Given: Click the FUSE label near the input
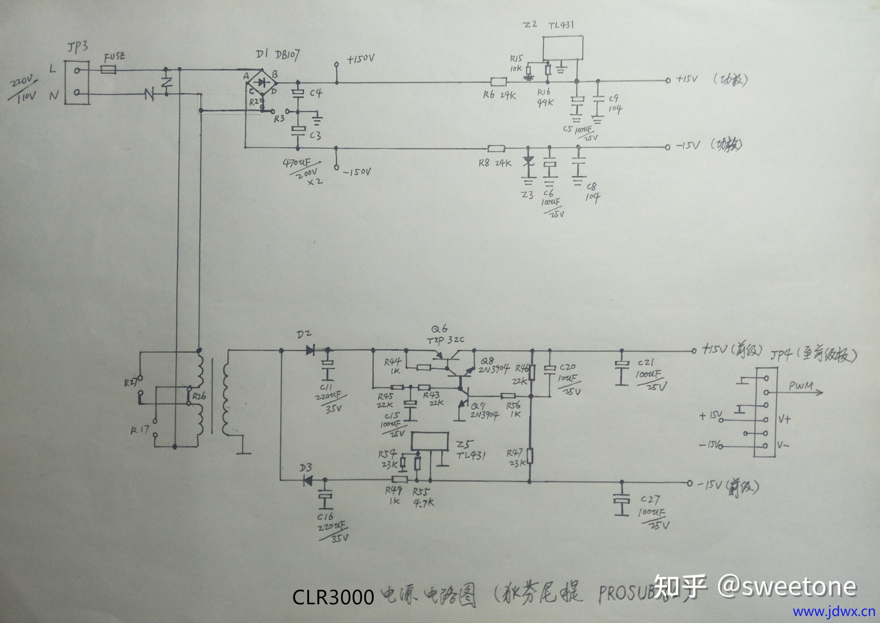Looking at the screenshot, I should point(114,57).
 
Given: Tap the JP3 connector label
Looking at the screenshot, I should point(77,47).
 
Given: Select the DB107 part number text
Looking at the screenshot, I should point(287,55).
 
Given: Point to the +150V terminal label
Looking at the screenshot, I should point(361,59).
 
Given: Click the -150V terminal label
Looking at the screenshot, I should point(357,172).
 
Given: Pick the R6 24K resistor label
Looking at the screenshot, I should point(499,95).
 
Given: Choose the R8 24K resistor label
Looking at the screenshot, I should point(495,163).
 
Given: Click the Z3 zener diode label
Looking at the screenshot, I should point(527,195).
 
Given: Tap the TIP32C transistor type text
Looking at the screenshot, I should point(445,340).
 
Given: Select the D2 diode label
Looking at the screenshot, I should point(304,335).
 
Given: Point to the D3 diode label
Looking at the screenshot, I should point(306,468).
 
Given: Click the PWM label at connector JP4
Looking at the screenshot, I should point(800,386).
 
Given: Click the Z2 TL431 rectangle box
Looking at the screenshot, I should point(563,48).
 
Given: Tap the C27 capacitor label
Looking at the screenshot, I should point(650,500).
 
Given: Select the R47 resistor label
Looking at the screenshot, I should point(514,453).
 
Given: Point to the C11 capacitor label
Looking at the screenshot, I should point(326,387).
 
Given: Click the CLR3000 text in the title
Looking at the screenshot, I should point(333,597).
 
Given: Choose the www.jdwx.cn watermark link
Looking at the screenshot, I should point(834,612).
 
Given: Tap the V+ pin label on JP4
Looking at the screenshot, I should point(784,420).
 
